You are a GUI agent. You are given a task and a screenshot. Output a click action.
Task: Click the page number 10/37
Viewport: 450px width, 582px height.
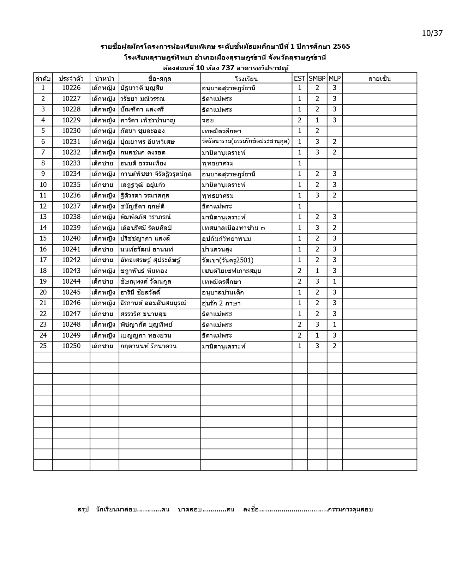click(x=432, y=33)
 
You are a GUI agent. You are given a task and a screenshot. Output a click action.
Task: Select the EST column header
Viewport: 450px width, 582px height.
click(x=299, y=78)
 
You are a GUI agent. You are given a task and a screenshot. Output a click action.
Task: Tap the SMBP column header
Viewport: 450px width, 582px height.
click(x=317, y=78)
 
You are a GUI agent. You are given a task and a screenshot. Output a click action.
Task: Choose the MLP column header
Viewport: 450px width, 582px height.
click(x=334, y=78)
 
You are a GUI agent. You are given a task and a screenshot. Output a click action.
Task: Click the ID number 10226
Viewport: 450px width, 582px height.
click(x=71, y=88)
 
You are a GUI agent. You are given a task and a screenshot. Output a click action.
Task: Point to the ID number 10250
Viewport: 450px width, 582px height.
click(x=71, y=346)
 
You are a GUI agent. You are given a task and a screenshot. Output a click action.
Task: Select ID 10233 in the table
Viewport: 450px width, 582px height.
click(x=71, y=163)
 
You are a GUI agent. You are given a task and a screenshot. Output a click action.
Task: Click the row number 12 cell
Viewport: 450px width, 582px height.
click(x=43, y=206)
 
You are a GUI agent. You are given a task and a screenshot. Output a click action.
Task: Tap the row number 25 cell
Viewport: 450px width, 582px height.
click(x=43, y=346)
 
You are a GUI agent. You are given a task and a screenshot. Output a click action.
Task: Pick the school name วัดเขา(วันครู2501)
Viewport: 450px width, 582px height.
click(x=227, y=260)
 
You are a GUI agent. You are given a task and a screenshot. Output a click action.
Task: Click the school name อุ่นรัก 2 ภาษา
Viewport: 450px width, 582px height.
click(x=221, y=303)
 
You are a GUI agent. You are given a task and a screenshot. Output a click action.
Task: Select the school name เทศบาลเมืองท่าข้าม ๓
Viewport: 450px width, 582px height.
click(x=233, y=228)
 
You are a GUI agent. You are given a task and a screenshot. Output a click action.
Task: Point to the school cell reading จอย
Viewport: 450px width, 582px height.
click(x=208, y=120)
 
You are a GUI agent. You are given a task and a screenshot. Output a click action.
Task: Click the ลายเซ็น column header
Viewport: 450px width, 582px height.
click(x=379, y=78)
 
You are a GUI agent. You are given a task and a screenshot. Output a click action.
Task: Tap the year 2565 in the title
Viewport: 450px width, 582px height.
click(x=341, y=46)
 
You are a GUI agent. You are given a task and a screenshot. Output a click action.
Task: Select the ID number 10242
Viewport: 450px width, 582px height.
click(x=71, y=260)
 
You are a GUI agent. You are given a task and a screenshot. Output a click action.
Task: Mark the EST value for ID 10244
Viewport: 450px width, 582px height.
click(x=299, y=281)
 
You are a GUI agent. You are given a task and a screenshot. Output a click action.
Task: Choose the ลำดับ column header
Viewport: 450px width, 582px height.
click(x=43, y=78)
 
